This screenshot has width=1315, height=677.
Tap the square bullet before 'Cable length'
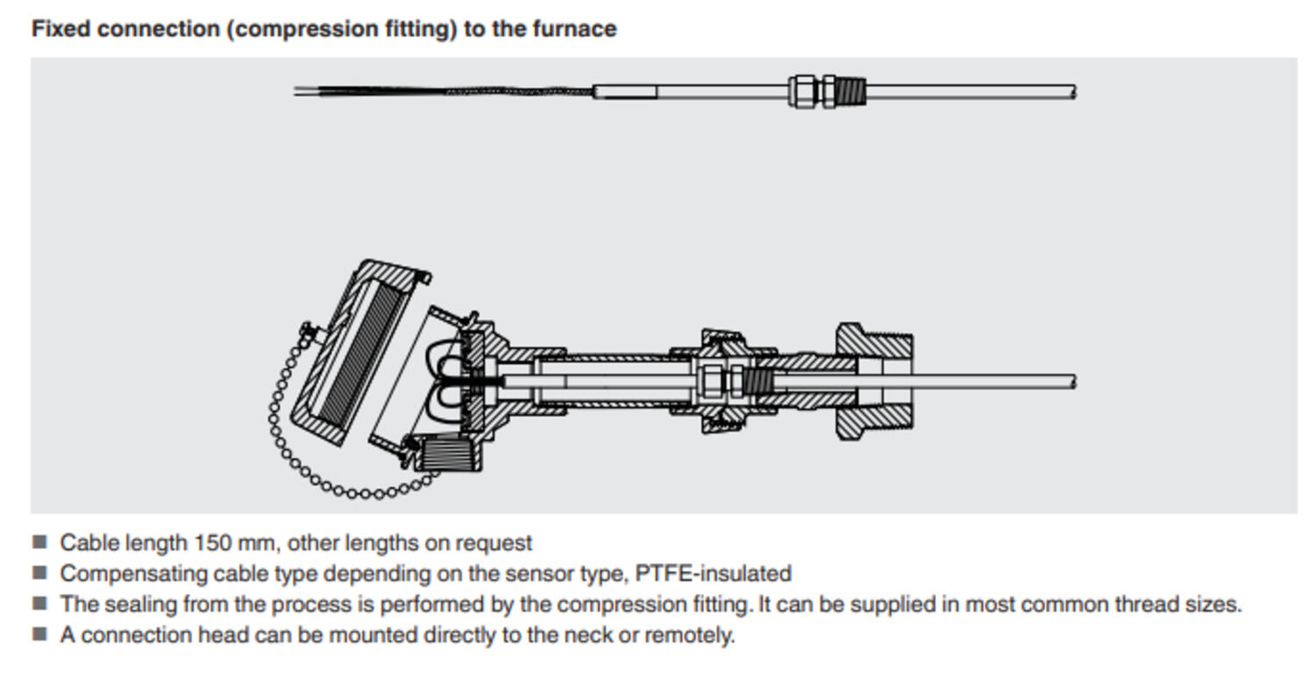[x=39, y=543]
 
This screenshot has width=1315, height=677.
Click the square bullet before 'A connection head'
[x=39, y=634]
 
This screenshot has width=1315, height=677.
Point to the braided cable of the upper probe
[x=517, y=90]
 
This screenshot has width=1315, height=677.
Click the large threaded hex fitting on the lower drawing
[x=873, y=381]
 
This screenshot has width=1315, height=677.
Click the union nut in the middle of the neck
[x=723, y=381]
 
